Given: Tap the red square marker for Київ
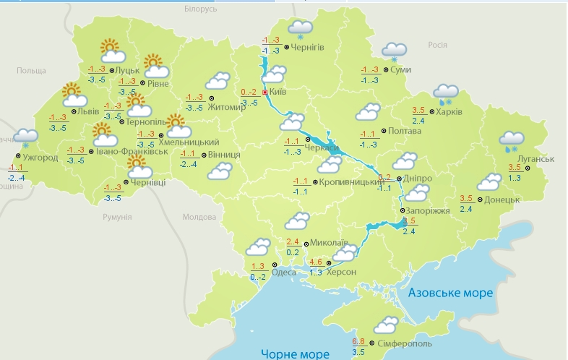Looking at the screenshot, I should [265, 93].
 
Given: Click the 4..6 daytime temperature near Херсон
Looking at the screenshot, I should [316, 262].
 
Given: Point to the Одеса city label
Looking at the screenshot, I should [284, 271].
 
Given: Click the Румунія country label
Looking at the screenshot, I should [117, 217].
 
